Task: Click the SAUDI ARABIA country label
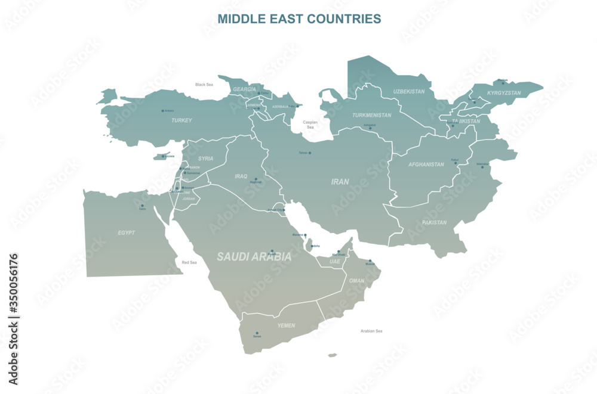(254, 257)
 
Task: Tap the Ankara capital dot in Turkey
(162, 110)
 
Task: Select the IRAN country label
(340, 181)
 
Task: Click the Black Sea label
(204, 85)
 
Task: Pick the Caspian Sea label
(310, 125)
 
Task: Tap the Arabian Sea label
(371, 331)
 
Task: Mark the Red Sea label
(189, 262)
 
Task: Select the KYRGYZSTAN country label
(504, 93)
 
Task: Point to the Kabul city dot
(456, 162)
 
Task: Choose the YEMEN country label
(286, 325)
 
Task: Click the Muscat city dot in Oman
(370, 260)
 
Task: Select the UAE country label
(335, 261)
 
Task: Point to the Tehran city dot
(310, 153)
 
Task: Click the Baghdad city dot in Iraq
(256, 179)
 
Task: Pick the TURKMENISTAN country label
(372, 115)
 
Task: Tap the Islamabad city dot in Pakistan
(482, 166)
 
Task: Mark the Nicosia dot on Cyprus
(162, 157)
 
